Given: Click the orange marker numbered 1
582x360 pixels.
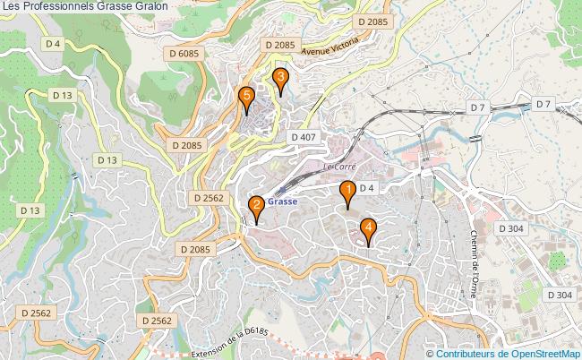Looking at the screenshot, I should point(347,192).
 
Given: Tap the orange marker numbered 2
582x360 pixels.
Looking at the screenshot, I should point(256,207).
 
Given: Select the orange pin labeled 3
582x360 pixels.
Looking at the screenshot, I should point(280,80).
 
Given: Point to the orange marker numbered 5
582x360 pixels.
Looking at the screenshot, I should point(246,97).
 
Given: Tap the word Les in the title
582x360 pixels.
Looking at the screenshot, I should point(13,6).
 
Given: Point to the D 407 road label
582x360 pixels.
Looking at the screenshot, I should point(304,136).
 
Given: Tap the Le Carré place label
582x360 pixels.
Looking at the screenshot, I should point(339,167).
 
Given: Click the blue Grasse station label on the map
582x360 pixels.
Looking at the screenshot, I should point(281,201).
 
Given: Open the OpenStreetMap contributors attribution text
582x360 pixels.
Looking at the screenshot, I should point(507,353).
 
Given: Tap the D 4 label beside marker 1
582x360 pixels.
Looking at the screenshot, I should point(365,188).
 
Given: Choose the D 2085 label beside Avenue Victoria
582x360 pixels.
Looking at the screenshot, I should point(278,44).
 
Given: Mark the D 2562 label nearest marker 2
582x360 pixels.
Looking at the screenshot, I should point(206,197).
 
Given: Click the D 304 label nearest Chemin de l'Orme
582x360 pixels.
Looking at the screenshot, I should point(509,228).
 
